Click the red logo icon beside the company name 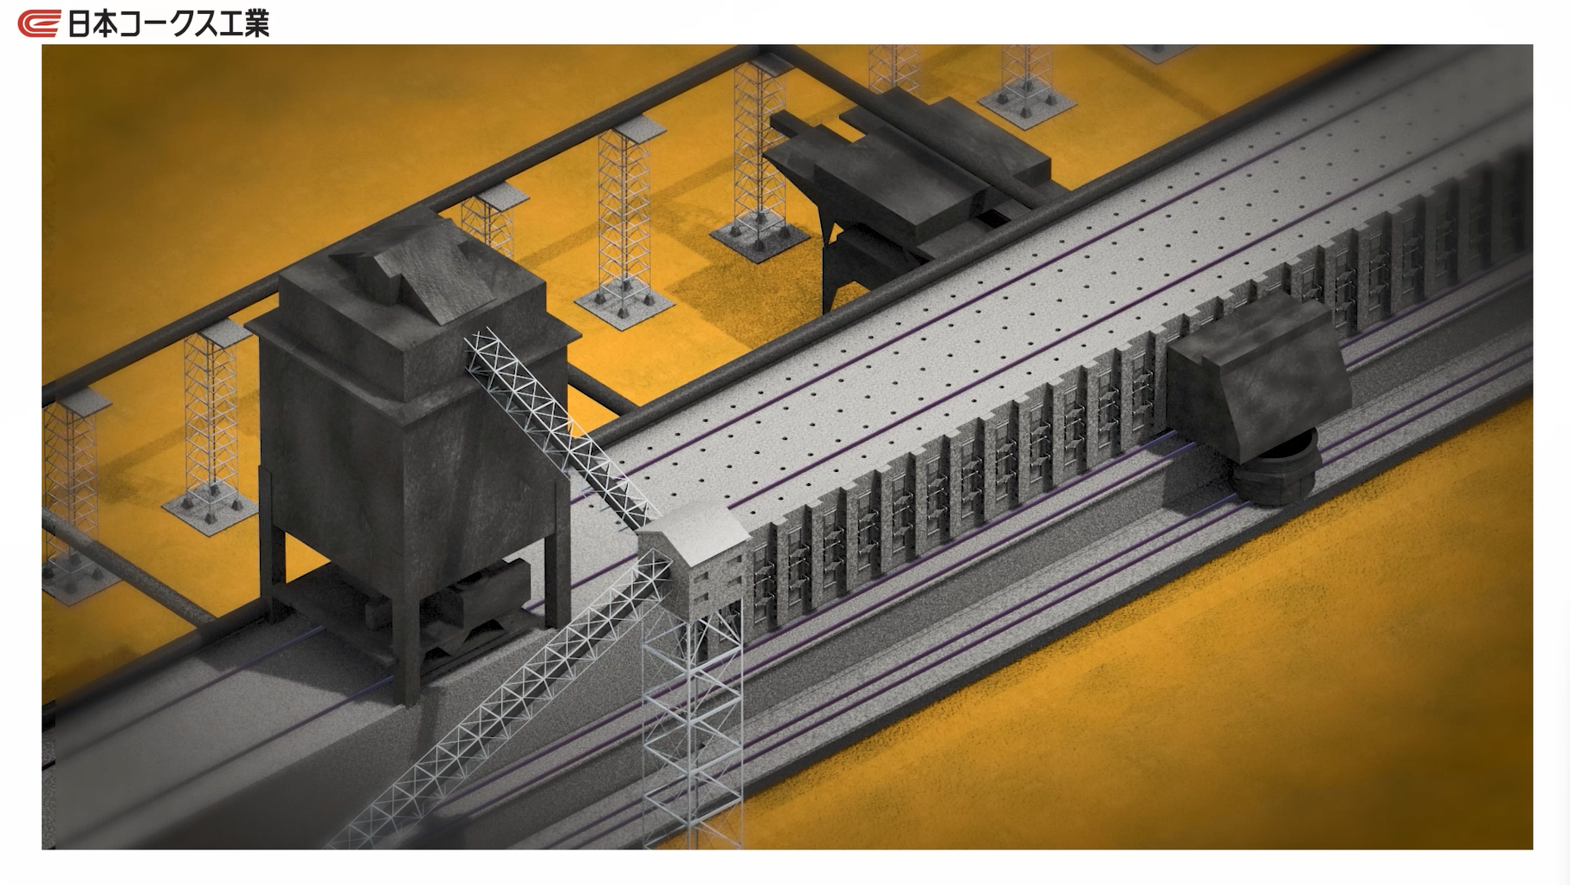(x=39, y=23)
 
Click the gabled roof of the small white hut (x=693, y=526)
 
